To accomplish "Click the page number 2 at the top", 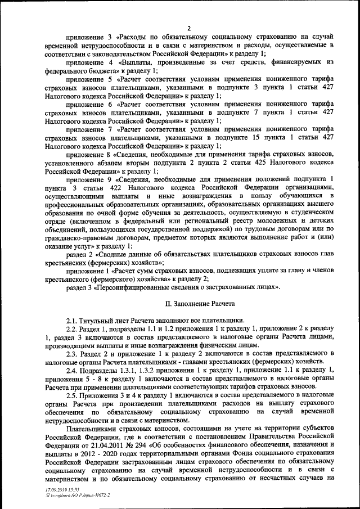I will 189,29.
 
